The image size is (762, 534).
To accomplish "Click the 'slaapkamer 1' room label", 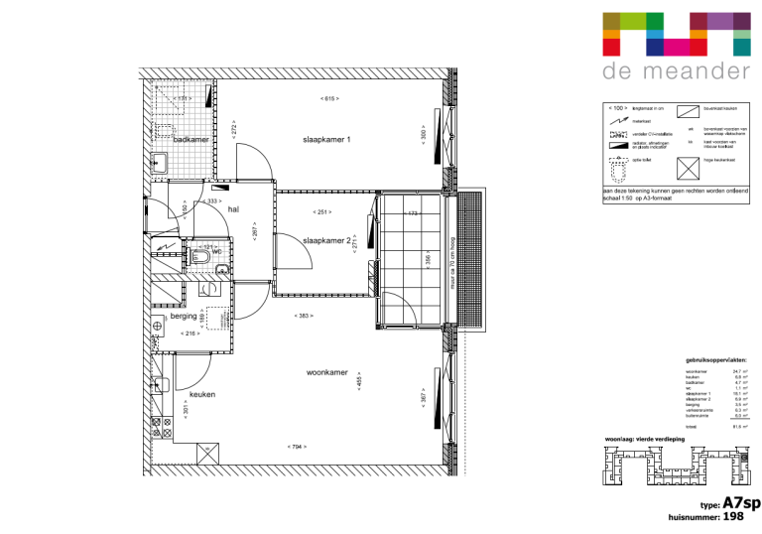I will pyautogui.click(x=327, y=141).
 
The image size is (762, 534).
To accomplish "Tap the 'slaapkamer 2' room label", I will pyautogui.click(x=327, y=240).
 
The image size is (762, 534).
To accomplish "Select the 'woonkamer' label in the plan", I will pyautogui.click(x=326, y=373).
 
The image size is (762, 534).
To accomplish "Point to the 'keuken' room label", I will pyautogui.click(x=202, y=394).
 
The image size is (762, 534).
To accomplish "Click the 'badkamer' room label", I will pyautogui.click(x=190, y=141).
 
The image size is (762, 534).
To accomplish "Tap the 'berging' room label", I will pyautogui.click(x=184, y=317).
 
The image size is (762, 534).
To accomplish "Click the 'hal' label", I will pyautogui.click(x=234, y=209).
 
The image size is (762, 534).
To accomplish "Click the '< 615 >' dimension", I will pyautogui.click(x=329, y=99).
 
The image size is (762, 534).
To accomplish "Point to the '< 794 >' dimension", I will pyautogui.click(x=296, y=447).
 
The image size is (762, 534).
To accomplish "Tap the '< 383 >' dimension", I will pyautogui.click(x=304, y=316).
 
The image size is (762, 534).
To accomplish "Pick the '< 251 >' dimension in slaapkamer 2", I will pyautogui.click(x=321, y=212).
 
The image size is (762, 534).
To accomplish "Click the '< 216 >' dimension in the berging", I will pyautogui.click(x=190, y=334).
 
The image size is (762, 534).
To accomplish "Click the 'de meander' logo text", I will pyautogui.click(x=676, y=72).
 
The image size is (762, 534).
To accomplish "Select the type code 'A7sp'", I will pyautogui.click(x=742, y=503).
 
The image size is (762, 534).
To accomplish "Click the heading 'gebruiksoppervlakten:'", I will pyautogui.click(x=715, y=360).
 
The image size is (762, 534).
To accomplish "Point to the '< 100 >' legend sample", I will pyautogui.click(x=616, y=106).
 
